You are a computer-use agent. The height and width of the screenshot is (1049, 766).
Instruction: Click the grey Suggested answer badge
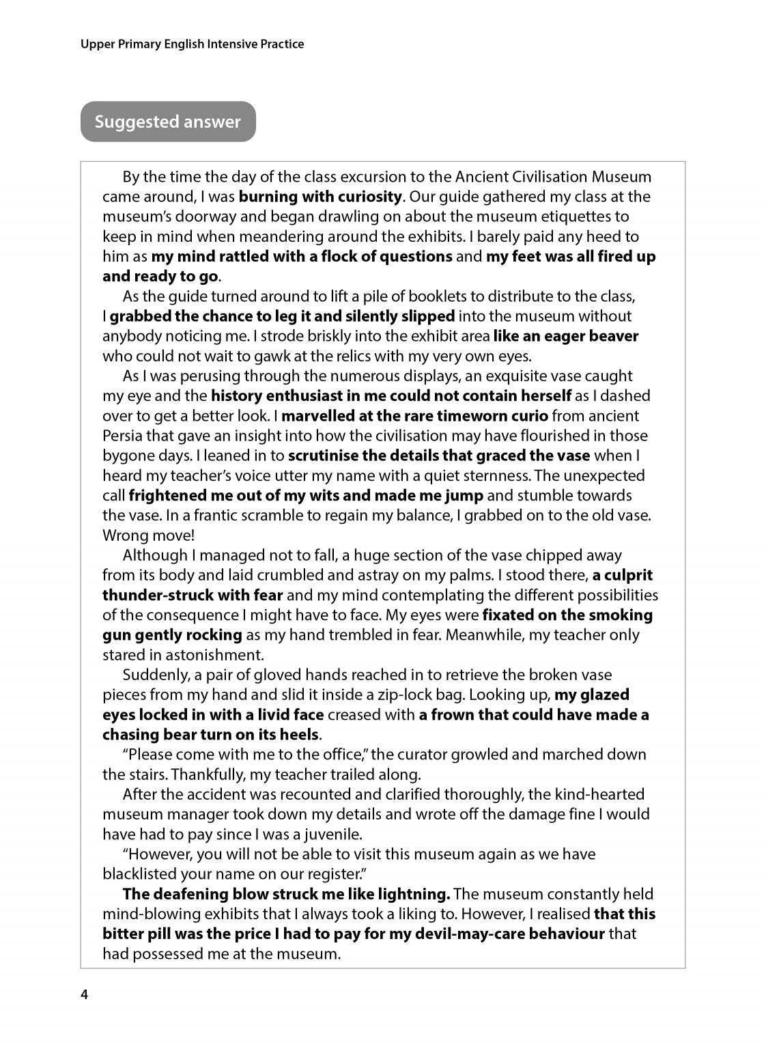pyautogui.click(x=168, y=122)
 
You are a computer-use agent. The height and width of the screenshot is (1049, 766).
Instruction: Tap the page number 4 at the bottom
pyautogui.click(x=84, y=994)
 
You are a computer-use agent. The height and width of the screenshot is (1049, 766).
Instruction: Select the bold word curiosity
pyautogui.click(x=369, y=197)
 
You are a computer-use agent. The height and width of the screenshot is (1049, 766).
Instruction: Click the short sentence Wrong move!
pyautogui.click(x=148, y=535)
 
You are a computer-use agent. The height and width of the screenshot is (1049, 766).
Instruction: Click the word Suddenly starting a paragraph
pyautogui.click(x=154, y=675)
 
